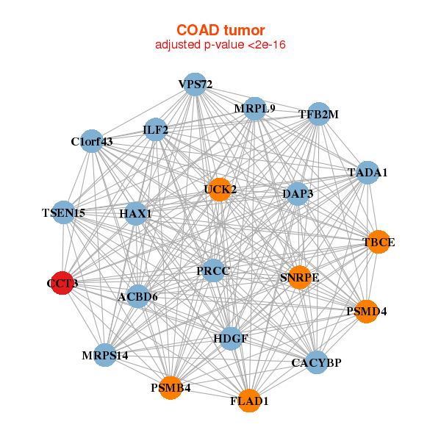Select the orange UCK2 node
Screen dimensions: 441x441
[220, 190]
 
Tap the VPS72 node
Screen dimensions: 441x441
[195, 84]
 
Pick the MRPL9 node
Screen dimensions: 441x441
[254, 108]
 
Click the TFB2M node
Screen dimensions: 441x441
[318, 114]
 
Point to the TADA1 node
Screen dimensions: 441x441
[367, 173]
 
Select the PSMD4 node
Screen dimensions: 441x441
[366, 312]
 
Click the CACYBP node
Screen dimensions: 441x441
[316, 362]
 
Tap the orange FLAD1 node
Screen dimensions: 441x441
[249, 401]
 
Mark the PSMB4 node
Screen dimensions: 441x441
[171, 388]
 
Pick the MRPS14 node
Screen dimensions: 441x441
[105, 356]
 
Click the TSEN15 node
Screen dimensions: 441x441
[64, 213]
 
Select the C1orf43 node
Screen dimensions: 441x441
[92, 141]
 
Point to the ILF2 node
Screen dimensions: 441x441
[156, 130]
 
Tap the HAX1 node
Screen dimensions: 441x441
[135, 214]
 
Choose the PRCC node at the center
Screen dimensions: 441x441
[213, 271]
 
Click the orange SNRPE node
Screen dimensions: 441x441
[299, 278]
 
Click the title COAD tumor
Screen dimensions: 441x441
[220, 30]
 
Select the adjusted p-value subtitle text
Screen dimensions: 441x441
[220, 45]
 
